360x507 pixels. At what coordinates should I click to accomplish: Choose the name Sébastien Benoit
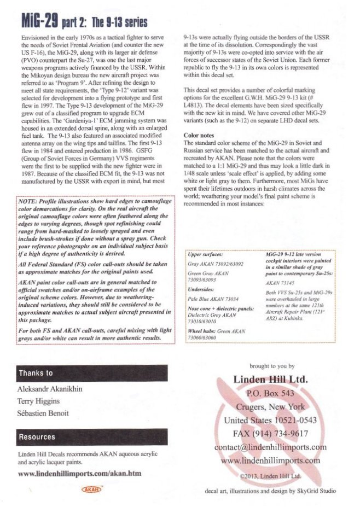42,412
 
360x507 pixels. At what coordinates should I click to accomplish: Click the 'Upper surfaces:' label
205,255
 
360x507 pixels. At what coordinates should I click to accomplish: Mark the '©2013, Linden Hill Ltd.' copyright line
271,476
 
